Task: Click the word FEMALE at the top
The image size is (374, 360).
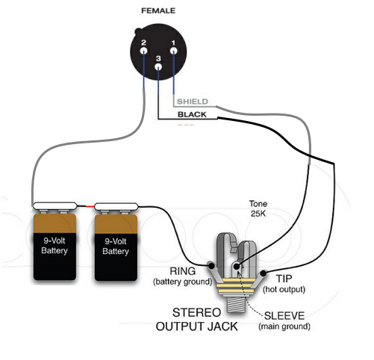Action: pos(158,10)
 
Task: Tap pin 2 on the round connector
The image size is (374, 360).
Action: pos(143,51)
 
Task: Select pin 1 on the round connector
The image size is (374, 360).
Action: pos(173,51)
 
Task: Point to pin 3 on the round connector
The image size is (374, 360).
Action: pos(158,66)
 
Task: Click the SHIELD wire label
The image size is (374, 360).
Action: pos(193,102)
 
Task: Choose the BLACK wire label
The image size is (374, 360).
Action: pos(192,114)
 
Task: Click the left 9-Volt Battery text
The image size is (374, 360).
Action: pos(54,246)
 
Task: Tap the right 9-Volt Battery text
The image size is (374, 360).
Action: pos(116,246)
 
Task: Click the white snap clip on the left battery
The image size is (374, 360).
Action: pos(54,205)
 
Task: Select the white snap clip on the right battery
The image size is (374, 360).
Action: pos(116,206)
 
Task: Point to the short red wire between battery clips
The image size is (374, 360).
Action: pos(90,206)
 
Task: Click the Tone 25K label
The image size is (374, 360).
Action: pos(258,208)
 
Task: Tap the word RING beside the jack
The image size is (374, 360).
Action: pos(183,271)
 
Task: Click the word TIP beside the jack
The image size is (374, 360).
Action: pos(284,279)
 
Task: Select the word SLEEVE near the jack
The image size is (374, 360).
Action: pos(284,316)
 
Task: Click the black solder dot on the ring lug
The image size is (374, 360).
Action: pos(211,266)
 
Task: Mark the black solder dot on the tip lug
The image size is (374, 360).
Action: pos(263,273)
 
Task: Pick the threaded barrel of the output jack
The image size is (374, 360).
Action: pos(237,305)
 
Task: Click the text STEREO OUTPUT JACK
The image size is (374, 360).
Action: pos(197,320)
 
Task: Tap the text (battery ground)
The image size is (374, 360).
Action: pos(183,282)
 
